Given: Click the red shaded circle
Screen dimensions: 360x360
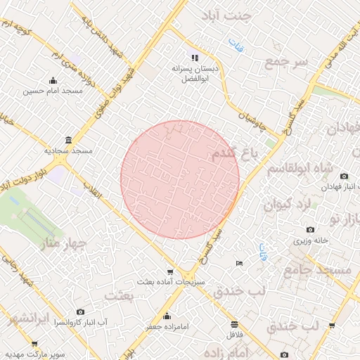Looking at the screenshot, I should [180, 179].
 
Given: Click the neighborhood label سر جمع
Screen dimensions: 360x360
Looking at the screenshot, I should [286, 63].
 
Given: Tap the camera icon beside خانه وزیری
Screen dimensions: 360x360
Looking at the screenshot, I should [311, 229].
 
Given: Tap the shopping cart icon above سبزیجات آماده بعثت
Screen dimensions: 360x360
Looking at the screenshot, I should [169, 272].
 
